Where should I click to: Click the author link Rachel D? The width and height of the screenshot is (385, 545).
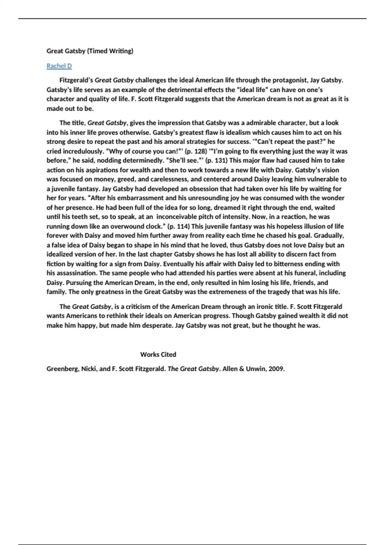tap(59, 66)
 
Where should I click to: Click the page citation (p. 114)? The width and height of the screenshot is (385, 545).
tap(178, 226)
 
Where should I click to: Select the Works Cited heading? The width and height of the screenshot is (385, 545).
tap(158, 355)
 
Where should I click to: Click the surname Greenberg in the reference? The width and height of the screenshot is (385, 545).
tap(62, 369)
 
